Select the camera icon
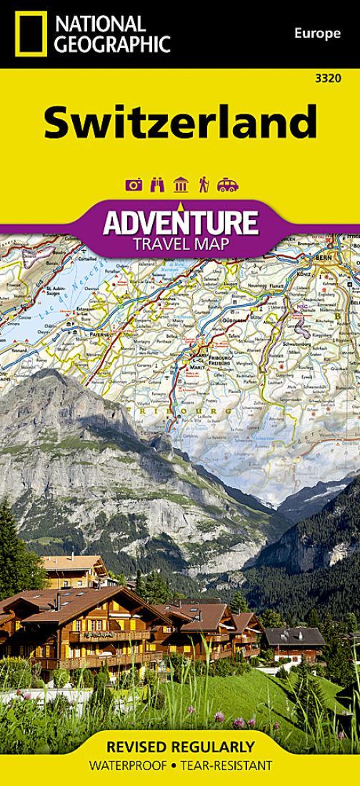tap(133, 186)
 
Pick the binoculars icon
tap(157, 186)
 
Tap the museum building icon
tap(181, 186)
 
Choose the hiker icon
tap(204, 186)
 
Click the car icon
tap(227, 186)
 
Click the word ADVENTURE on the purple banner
tap(179, 222)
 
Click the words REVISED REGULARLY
tap(179, 748)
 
